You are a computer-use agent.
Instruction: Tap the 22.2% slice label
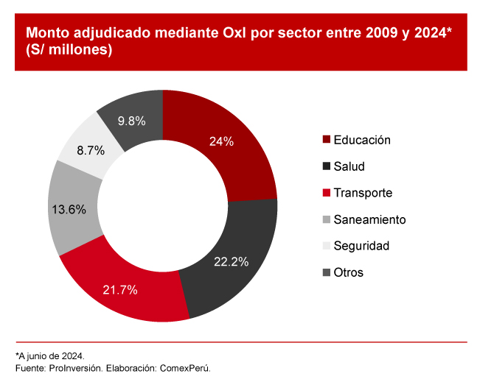coord(232,262)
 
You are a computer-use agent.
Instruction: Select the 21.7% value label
coord(120,290)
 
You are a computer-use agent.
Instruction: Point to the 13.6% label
coord(69,209)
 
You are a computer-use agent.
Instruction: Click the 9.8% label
coord(131,120)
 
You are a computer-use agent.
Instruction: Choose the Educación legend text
coord(361,140)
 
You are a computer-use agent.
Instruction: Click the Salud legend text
coord(349,166)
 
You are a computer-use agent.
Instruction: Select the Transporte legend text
coord(363,193)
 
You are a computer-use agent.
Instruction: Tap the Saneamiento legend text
coord(369,219)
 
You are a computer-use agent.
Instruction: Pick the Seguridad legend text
coord(361,246)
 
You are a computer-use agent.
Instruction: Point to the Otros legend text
coord(348,272)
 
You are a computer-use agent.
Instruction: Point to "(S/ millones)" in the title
coord(69,51)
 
